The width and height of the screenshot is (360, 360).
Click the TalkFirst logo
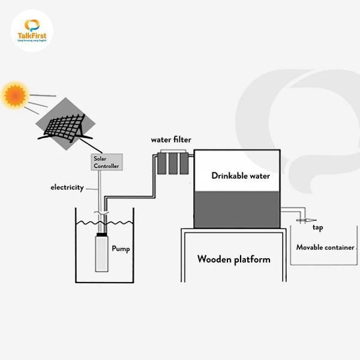[x=32, y=31]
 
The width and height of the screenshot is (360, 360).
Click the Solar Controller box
[x=106, y=162]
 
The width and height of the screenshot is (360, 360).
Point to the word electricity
[x=67, y=188]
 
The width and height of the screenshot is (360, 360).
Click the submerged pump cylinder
[x=104, y=254]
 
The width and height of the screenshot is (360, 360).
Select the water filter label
[x=171, y=140]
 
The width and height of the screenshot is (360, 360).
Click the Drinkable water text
[x=241, y=176]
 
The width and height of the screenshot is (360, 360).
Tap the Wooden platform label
[x=234, y=260]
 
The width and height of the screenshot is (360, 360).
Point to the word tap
[x=318, y=229]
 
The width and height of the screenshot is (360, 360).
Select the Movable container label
[x=325, y=247]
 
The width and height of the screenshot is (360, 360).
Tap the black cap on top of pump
[x=104, y=235]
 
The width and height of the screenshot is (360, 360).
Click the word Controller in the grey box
[x=106, y=166]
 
